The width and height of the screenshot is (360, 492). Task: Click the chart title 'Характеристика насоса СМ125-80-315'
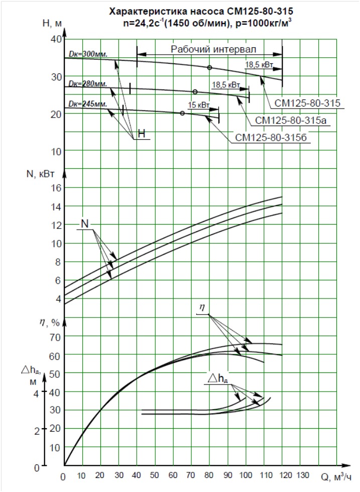click(x=201, y=12)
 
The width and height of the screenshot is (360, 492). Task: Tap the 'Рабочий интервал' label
click(x=213, y=49)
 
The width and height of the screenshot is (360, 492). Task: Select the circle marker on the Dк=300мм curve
click(x=209, y=67)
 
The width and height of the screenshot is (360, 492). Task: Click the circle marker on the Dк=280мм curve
click(x=195, y=91)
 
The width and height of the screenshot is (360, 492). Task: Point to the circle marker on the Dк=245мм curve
click(x=182, y=113)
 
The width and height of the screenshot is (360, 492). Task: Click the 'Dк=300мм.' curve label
click(x=88, y=54)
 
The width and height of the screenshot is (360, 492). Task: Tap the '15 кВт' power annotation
click(x=198, y=105)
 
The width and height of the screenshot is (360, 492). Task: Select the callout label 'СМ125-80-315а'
click(x=291, y=121)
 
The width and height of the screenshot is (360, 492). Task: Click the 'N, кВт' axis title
click(x=40, y=174)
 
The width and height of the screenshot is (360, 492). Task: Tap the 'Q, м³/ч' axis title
click(x=336, y=477)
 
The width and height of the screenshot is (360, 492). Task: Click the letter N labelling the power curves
click(x=85, y=224)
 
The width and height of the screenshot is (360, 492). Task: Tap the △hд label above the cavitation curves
click(x=217, y=379)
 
